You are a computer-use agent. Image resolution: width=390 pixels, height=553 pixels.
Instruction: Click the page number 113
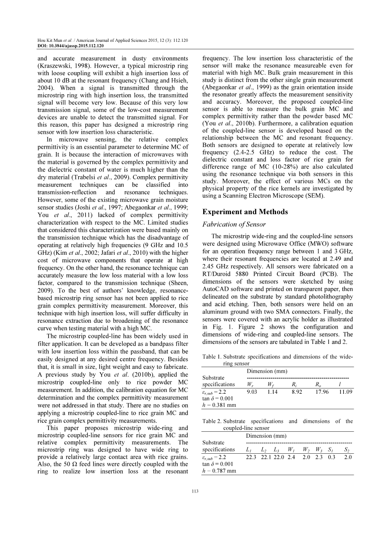195,491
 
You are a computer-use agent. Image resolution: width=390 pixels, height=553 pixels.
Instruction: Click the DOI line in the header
70,45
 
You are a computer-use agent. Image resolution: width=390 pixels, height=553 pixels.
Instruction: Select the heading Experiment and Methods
245,212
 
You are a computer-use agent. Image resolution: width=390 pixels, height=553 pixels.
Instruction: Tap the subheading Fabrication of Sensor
234,224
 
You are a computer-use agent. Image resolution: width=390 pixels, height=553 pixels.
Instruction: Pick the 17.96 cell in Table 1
322,392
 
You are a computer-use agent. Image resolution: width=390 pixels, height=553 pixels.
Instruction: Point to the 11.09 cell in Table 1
345,392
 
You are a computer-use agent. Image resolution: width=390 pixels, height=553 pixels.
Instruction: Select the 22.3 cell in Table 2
251,457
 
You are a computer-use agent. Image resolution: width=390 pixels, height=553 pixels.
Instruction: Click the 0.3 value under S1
332,457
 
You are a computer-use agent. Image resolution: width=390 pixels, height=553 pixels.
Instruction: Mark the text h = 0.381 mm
219,405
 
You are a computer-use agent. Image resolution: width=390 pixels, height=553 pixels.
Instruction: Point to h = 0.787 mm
219,471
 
